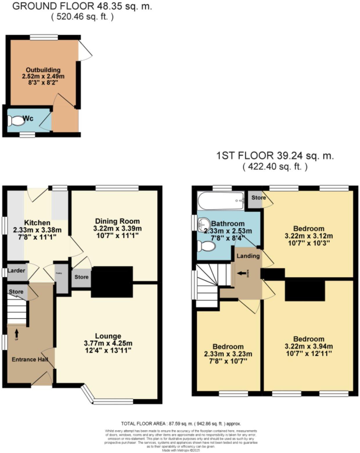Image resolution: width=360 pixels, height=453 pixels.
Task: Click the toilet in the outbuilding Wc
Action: (x=16, y=121)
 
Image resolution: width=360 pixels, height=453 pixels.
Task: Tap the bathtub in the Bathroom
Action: (x=221, y=200)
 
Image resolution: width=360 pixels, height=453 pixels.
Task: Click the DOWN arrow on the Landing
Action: (x=241, y=273)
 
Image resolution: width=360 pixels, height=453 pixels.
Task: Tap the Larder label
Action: (x=16, y=271)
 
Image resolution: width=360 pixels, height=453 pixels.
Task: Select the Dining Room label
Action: (x=118, y=221)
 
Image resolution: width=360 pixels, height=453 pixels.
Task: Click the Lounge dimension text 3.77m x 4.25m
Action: (x=108, y=343)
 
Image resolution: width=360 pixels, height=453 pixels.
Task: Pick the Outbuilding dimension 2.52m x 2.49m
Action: (x=43, y=76)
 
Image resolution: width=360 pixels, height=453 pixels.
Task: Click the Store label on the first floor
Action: (x=258, y=198)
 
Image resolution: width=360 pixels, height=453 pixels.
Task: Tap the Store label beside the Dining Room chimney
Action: (x=81, y=277)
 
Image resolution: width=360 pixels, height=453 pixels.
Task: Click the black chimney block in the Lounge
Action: (x=112, y=282)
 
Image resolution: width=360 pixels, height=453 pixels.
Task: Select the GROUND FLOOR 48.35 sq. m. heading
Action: (x=82, y=6)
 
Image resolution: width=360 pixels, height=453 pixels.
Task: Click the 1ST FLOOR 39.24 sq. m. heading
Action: (x=275, y=156)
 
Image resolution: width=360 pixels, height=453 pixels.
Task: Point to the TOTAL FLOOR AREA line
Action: (x=181, y=424)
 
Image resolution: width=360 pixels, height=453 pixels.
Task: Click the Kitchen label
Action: (x=37, y=223)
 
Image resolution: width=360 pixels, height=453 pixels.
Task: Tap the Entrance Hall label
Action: (x=30, y=359)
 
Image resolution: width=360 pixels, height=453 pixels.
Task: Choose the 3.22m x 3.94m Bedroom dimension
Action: (x=309, y=346)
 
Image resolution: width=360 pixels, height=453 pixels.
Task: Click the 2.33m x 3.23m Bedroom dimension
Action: (x=228, y=354)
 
